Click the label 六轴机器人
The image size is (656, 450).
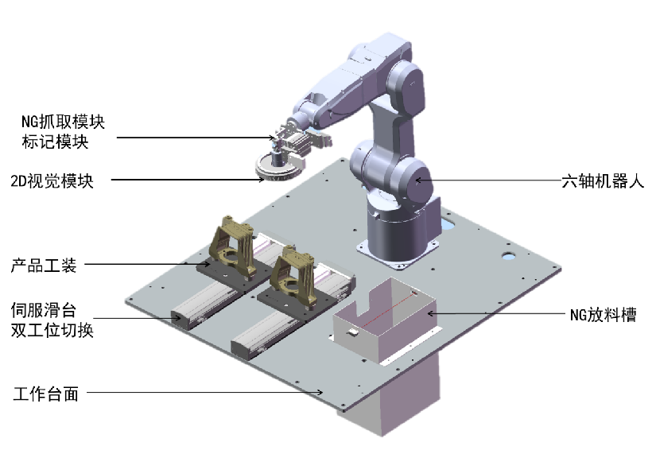(x=603, y=181)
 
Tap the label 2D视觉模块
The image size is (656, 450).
(x=52, y=180)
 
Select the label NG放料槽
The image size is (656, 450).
(x=604, y=315)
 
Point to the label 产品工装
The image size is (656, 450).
(x=44, y=265)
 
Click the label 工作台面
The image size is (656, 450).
(x=45, y=394)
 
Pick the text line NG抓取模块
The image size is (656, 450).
(x=63, y=122)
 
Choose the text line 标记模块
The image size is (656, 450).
(x=55, y=142)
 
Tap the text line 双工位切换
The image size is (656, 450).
(x=52, y=330)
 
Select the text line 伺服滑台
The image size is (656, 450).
(x=44, y=310)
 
